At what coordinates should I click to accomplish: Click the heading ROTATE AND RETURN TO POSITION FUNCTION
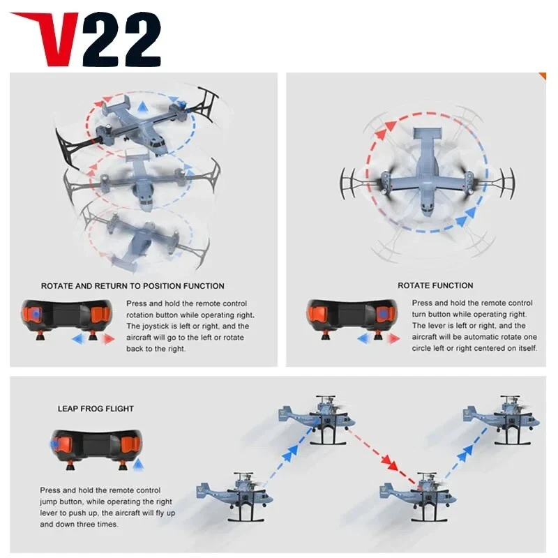tap(133, 286)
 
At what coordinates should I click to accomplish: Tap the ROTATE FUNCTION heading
tap(435, 286)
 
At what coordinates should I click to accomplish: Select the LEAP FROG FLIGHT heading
tap(96, 408)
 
